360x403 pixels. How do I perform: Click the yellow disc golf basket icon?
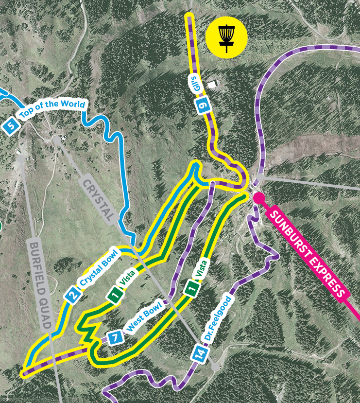[226, 36]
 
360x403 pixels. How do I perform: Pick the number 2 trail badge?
[73, 295]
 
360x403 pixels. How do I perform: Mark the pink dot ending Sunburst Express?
[258, 197]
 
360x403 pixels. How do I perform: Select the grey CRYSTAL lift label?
[98, 199]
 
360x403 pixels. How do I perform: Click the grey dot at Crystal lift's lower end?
[215, 366]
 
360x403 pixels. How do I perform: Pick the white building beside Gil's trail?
[212, 84]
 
